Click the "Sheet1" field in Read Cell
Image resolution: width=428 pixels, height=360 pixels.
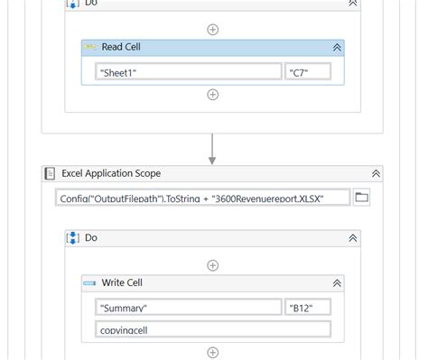pyautogui.click(x=189, y=71)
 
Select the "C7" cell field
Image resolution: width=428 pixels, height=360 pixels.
pyautogui.click(x=308, y=71)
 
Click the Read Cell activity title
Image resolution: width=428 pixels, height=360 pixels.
pyautogui.click(x=120, y=47)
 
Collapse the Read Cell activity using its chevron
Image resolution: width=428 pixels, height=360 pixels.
pyautogui.click(x=337, y=47)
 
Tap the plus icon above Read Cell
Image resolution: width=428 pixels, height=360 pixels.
pyautogui.click(x=213, y=29)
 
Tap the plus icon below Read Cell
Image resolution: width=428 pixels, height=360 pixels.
pyautogui.click(x=213, y=94)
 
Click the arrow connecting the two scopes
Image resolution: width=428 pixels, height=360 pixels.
pyautogui.click(x=212, y=149)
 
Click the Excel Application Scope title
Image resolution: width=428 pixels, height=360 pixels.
pyautogui.click(x=111, y=172)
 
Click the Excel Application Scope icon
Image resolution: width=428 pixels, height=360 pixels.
pyautogui.click(x=51, y=172)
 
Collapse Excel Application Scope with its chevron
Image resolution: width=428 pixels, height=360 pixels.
pyautogui.click(x=376, y=172)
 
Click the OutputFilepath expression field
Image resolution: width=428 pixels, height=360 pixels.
pyautogui.click(x=203, y=197)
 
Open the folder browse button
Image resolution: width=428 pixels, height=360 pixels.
pyautogui.click(x=362, y=197)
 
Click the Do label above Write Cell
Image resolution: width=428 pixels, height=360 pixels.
pyautogui.click(x=91, y=238)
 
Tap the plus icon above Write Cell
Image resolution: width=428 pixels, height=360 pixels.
pyautogui.click(x=213, y=265)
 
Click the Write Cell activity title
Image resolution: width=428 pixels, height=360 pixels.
pyautogui.click(x=120, y=283)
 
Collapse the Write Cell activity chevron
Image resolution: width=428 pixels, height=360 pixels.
pyautogui.click(x=337, y=283)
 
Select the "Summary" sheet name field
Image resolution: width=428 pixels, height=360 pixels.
pyautogui.click(x=189, y=307)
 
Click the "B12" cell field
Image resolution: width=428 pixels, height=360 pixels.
pyautogui.click(x=308, y=307)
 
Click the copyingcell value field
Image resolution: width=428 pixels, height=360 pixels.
pyautogui.click(x=213, y=329)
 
